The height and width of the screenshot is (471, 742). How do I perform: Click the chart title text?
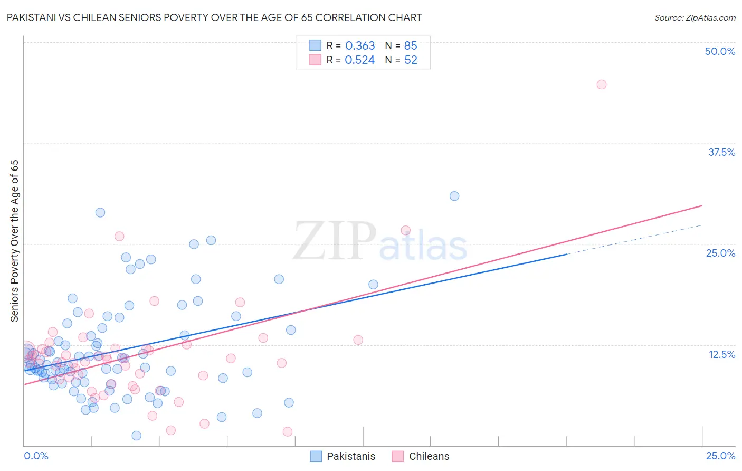(214, 17)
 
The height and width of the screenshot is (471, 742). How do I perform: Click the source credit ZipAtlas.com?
(695, 17)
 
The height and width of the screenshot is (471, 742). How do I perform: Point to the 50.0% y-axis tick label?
(720, 51)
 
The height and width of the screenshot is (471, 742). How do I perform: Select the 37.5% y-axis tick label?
(721, 152)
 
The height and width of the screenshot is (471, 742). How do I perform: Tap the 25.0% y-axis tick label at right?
(720, 253)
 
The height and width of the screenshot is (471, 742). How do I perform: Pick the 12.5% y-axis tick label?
(721, 354)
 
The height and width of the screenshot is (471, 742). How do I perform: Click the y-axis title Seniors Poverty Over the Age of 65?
(14, 241)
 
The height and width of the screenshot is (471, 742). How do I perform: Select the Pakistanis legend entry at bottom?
(350, 456)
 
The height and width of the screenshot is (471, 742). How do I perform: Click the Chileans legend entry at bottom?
(429, 456)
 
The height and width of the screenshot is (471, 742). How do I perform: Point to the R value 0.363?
(360, 46)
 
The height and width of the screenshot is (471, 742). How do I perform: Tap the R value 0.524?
(360, 60)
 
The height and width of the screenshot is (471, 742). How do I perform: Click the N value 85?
(411, 46)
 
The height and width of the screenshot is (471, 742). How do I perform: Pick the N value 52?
(411, 60)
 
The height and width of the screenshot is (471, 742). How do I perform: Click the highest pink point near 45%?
(601, 84)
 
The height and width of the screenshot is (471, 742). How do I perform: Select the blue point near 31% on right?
(454, 196)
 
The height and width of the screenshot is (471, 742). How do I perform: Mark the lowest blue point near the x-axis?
(136, 436)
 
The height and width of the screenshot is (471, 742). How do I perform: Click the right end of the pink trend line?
(702, 205)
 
